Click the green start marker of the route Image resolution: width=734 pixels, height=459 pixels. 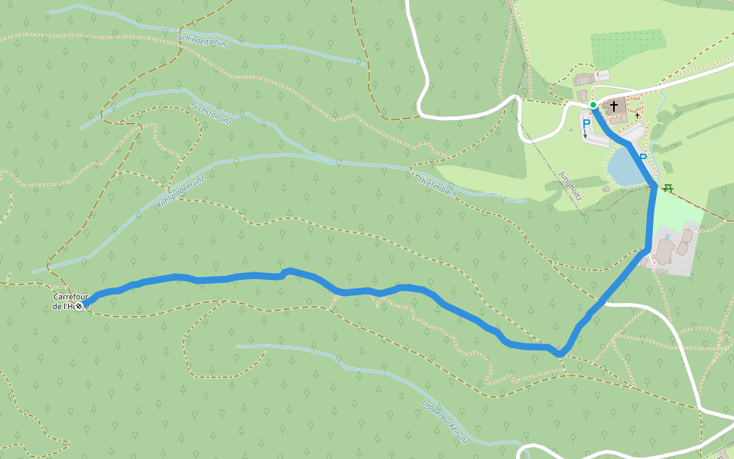[593, 105]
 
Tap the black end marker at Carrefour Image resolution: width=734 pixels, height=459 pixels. [78, 306]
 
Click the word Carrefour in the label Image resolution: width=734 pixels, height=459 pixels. [70, 297]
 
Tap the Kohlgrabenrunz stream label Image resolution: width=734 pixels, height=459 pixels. [182, 190]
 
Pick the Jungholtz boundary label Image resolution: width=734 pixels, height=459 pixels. [570, 185]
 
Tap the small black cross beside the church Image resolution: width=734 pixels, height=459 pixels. [637, 116]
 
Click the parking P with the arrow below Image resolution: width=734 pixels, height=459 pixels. [586, 125]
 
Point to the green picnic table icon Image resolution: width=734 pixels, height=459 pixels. [668, 188]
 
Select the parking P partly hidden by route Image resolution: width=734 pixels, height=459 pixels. [643, 158]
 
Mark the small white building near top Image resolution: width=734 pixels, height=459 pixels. [603, 75]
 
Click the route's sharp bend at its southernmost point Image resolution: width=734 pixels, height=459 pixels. [560, 353]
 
